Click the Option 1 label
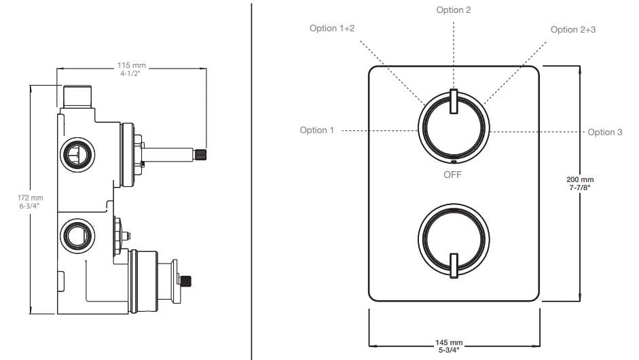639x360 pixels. (317, 130)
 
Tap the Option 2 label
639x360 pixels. (454, 10)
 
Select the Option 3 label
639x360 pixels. (604, 132)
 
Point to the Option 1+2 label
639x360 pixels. (333, 29)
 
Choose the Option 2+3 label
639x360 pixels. (573, 29)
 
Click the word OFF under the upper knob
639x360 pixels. (452, 175)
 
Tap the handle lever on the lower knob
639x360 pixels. (454, 264)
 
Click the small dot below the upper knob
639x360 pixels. (453, 162)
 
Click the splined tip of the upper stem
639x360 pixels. (200, 155)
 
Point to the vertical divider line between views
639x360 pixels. (252, 180)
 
